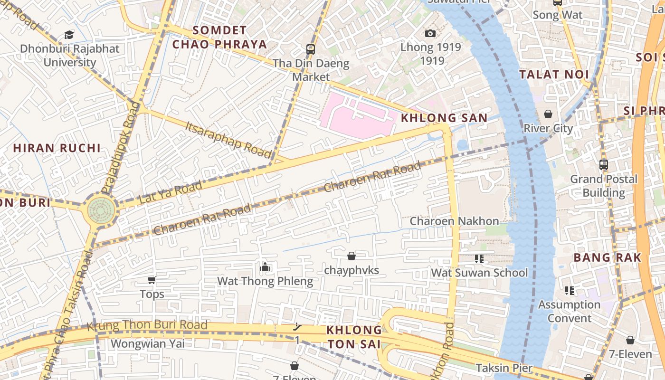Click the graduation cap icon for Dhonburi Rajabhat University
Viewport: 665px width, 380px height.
69,35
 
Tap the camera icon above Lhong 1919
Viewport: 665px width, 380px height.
430,33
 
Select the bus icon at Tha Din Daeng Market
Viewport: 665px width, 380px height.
311,49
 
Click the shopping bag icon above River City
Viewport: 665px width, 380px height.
548,114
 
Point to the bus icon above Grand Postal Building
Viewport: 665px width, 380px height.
603,165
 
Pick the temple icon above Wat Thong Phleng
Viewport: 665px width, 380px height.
265,267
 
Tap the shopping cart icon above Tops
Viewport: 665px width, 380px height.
152,280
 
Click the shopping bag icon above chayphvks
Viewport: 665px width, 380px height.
351,256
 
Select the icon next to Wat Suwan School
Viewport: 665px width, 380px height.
479,259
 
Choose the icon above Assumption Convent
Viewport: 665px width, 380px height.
570,290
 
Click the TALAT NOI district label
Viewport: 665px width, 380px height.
554,75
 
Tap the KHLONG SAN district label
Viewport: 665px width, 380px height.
445,118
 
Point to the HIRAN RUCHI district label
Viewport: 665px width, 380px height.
57,148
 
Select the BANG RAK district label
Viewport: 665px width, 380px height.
607,258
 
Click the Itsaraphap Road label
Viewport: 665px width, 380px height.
228,140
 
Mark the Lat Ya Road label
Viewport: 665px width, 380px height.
171,192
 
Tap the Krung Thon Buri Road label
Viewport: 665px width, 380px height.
147,325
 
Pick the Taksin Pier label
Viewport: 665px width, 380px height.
504,368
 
